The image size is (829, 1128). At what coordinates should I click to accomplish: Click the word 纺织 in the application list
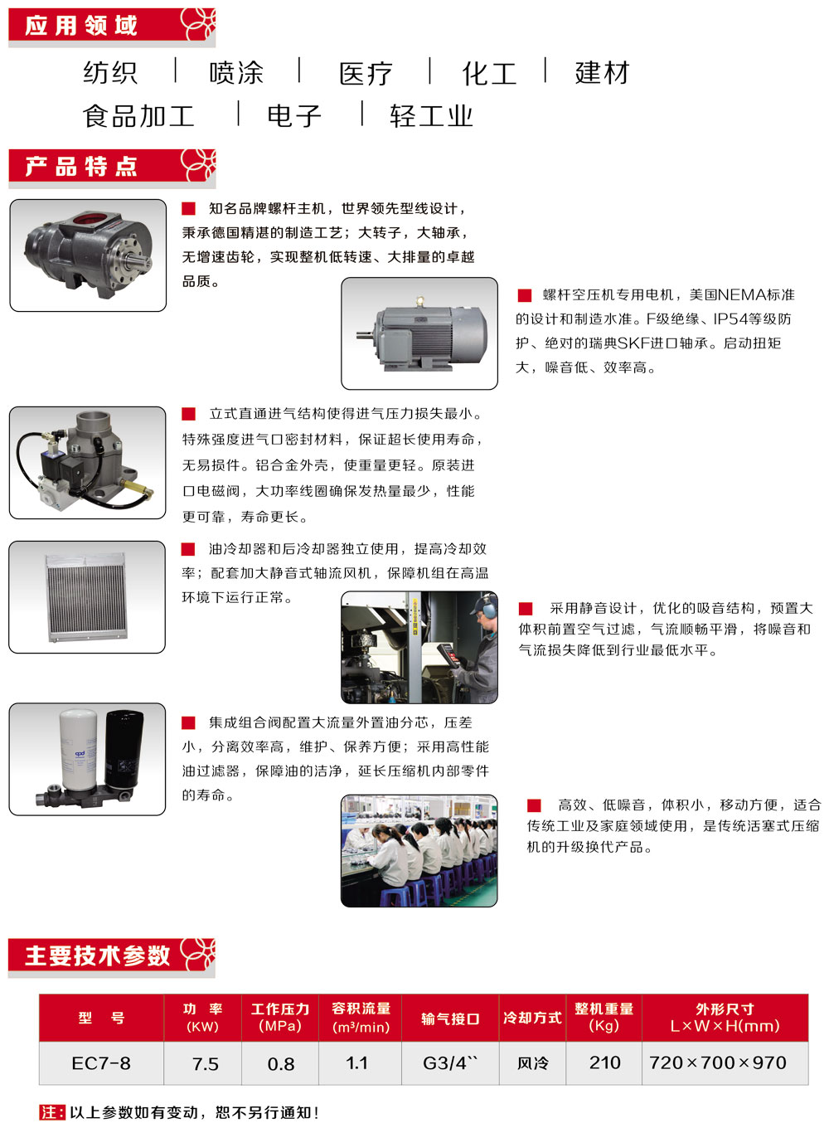[x=110, y=72]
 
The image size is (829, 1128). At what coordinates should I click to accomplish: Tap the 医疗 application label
[x=366, y=74]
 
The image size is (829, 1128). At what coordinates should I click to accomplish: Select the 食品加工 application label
[x=138, y=116]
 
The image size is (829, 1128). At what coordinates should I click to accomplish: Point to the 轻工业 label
[x=431, y=116]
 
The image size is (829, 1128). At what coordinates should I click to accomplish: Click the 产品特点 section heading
[x=81, y=166]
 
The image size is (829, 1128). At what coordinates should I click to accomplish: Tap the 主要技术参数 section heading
[x=97, y=955]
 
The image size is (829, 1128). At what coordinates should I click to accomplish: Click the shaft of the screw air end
[x=138, y=262]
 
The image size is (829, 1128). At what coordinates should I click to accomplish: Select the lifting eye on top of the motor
[x=419, y=302]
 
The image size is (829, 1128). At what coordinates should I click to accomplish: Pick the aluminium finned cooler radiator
[x=86, y=597]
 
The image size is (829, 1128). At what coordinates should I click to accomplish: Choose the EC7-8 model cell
[x=101, y=1063]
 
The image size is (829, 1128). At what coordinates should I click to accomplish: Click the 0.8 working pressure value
[x=281, y=1063]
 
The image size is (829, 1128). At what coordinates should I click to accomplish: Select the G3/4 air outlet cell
[x=450, y=1062]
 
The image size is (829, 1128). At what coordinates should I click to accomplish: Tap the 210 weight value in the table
[x=604, y=1062]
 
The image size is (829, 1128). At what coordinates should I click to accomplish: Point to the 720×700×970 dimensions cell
[x=718, y=1062]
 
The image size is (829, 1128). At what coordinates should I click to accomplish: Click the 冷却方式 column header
[x=532, y=1018]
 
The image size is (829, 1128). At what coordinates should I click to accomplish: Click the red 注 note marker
[x=52, y=1112]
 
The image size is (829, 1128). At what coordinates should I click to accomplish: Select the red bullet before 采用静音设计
[x=526, y=609]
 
